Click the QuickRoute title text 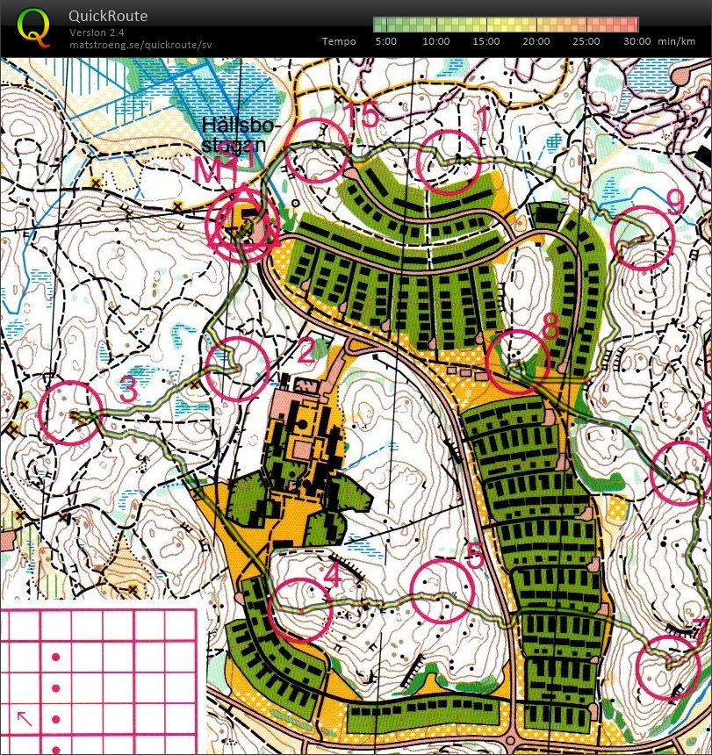coord(108,17)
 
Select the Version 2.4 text coord(97,32)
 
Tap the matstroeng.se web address coord(140,44)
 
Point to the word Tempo coord(339,41)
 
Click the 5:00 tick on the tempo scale coord(385,41)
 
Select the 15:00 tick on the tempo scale coord(486,41)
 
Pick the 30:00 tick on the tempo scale coord(637,41)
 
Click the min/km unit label coord(676,41)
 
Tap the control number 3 coord(128,391)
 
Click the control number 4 coord(332,576)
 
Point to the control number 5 coord(475,555)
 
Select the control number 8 coord(550,326)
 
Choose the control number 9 coord(675,203)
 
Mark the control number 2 coord(306,353)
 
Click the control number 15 coord(359,115)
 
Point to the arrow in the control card coord(25,718)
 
